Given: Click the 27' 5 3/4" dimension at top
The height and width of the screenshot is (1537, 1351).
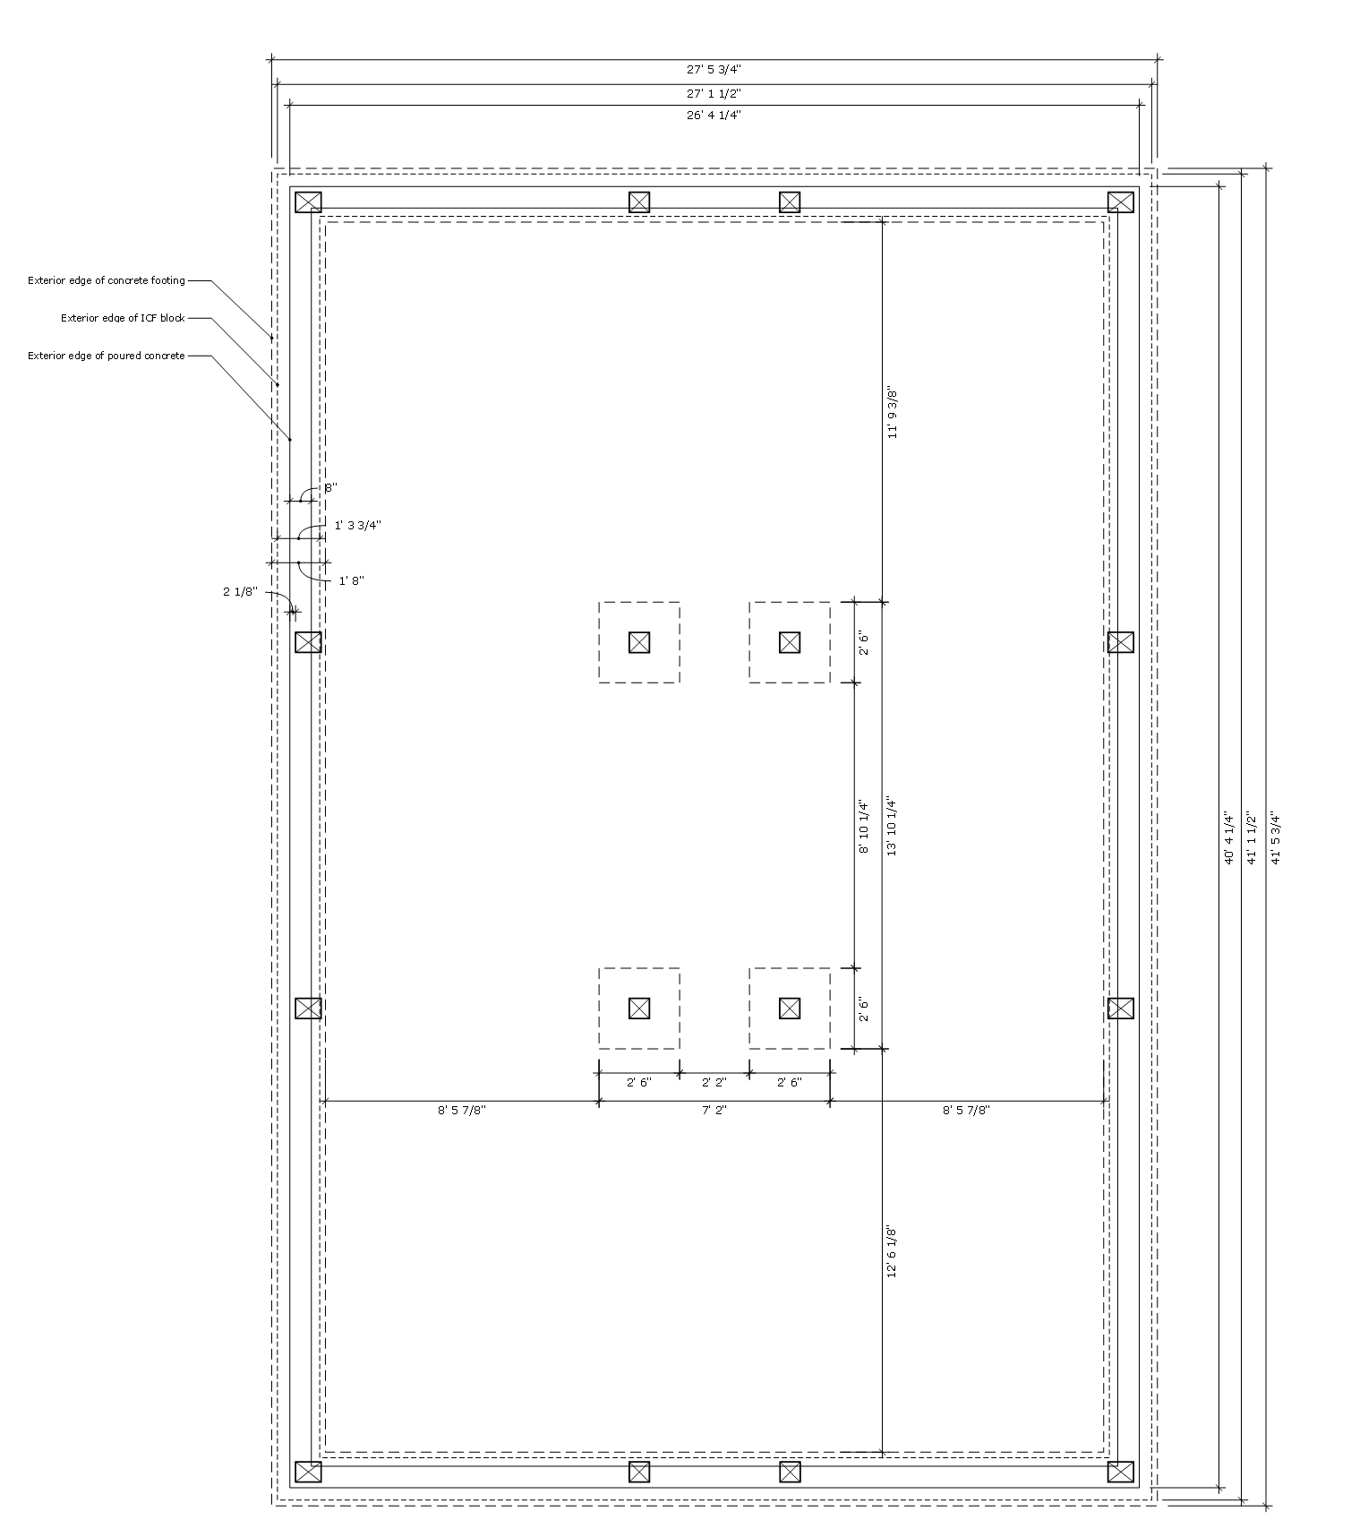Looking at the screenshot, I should click(x=714, y=69).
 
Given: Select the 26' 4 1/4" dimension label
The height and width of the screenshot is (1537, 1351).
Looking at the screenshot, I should click(x=714, y=115).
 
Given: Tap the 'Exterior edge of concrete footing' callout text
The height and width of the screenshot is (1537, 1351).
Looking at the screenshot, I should click(x=107, y=280).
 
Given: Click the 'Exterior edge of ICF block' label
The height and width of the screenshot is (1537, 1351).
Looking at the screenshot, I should click(x=123, y=318).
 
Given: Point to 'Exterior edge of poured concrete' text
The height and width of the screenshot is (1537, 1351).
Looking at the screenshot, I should click(x=107, y=356).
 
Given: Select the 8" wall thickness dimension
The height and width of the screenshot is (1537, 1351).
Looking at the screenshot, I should click(x=330, y=488).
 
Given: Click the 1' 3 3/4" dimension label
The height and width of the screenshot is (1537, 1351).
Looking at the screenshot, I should click(x=357, y=526).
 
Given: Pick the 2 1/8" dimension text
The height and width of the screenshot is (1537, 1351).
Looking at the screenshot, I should click(x=240, y=591).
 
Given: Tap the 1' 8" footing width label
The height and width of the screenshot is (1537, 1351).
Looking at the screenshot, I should click(x=351, y=580).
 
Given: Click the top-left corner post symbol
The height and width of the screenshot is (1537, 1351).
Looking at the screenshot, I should click(x=308, y=202).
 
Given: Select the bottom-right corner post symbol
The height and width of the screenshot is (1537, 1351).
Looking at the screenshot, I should click(x=1120, y=1472).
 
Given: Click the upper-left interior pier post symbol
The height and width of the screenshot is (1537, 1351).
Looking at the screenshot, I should click(x=638, y=642).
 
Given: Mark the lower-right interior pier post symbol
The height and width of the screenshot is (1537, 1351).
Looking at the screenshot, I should click(x=789, y=1009).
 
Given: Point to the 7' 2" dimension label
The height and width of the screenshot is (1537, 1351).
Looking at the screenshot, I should click(x=714, y=1110).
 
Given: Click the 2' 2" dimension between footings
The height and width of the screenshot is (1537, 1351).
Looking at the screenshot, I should click(x=714, y=1082).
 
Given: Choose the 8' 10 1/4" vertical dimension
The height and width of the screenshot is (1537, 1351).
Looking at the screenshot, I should click(x=864, y=827).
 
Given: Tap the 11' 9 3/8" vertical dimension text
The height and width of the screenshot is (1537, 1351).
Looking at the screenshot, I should click(x=892, y=412).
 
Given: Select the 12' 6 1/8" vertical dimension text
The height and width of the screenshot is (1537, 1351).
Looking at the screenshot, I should click(x=892, y=1251).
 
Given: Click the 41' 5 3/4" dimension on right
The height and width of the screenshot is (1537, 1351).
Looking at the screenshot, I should click(x=1276, y=837).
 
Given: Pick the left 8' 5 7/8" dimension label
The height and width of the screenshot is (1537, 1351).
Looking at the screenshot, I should click(x=462, y=1110).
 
